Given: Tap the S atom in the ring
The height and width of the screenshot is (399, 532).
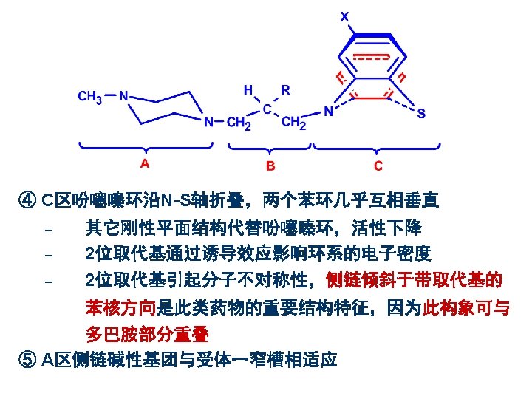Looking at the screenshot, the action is coord(420,115).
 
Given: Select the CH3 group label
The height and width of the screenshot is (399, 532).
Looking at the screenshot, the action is coord(90,97).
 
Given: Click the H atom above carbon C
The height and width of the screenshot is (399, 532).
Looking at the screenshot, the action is coord(249,90).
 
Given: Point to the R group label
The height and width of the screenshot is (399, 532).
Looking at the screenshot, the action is coord(285,90).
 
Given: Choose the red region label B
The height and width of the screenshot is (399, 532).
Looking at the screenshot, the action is coord(270,166).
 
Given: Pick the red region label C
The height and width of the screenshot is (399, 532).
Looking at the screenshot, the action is coord(378,166).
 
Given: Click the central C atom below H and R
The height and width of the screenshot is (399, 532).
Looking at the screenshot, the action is coord(267,109).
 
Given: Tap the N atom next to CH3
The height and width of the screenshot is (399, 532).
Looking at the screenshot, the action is coord(124,96).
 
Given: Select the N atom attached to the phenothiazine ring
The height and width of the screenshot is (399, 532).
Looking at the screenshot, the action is coord(328,112).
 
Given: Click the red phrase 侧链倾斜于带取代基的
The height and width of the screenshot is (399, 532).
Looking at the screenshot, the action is coord(414,281).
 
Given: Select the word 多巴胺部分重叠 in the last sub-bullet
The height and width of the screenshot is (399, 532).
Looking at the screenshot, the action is coord(147,334).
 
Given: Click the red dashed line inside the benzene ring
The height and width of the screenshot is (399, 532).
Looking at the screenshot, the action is coord(370,57).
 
